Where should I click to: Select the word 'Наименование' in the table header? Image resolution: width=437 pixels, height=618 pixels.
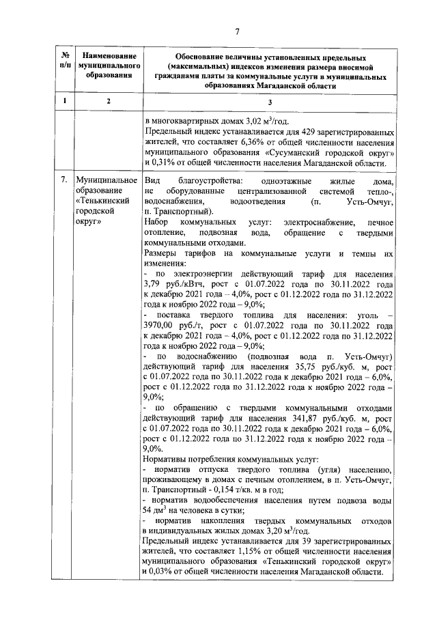click(x=103, y=54)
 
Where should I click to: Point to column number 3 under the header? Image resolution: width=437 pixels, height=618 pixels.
click(x=270, y=102)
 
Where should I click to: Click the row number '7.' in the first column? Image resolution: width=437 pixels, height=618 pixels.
click(x=63, y=180)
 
